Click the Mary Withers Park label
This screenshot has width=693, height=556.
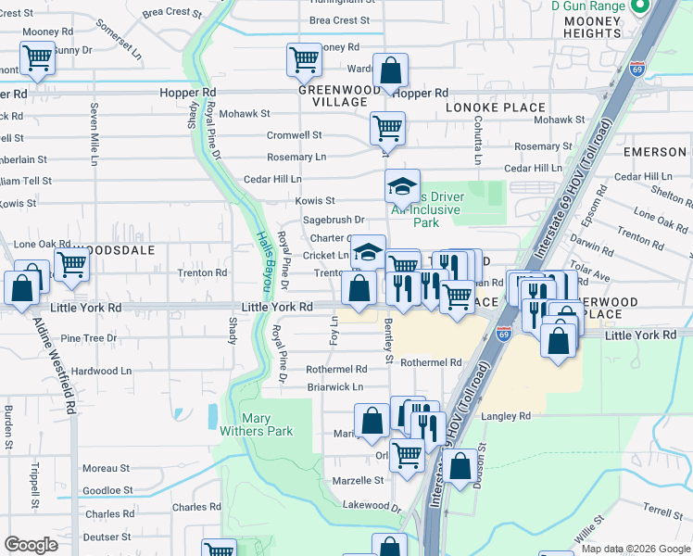267,424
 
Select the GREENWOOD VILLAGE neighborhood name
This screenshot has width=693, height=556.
340,95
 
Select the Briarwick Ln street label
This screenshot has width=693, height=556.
334,386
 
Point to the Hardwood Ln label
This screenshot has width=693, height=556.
102,370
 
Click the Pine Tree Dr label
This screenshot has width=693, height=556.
88,339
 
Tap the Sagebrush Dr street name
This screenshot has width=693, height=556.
334,220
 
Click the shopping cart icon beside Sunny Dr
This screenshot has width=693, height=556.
37,57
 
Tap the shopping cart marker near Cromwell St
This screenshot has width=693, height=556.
386,128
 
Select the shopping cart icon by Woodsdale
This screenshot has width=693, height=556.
71,264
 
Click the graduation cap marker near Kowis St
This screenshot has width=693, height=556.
402,186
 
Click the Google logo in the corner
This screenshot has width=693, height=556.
31,544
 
